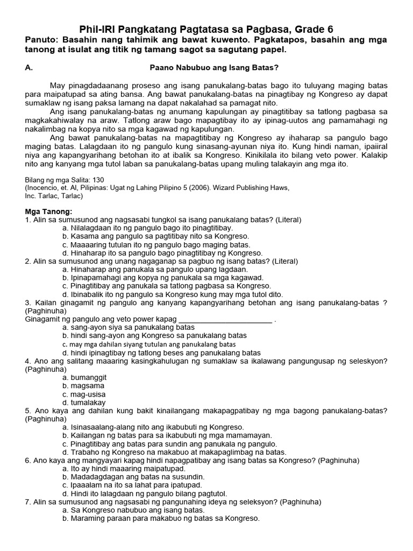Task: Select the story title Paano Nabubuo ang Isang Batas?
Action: (213, 68)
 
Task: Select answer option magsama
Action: (83, 386)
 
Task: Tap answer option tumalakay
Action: (84, 402)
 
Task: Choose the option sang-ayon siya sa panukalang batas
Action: (129, 327)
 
